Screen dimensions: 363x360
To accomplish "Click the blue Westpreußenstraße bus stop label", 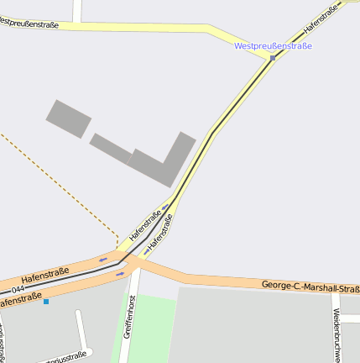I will click(273, 45).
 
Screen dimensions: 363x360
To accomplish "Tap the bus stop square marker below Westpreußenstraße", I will click(273, 58).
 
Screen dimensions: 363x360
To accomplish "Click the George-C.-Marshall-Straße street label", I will click(310, 287).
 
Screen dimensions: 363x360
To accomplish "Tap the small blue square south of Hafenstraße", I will click(46, 302).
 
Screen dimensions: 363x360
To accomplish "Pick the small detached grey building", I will click(68, 118).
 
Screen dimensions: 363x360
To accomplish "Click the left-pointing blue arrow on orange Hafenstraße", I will click(103, 260).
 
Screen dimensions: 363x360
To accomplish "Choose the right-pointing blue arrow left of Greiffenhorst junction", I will click(120, 274).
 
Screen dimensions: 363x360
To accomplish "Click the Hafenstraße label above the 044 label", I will click(44, 273).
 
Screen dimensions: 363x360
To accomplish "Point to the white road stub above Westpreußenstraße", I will click(77, 10).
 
